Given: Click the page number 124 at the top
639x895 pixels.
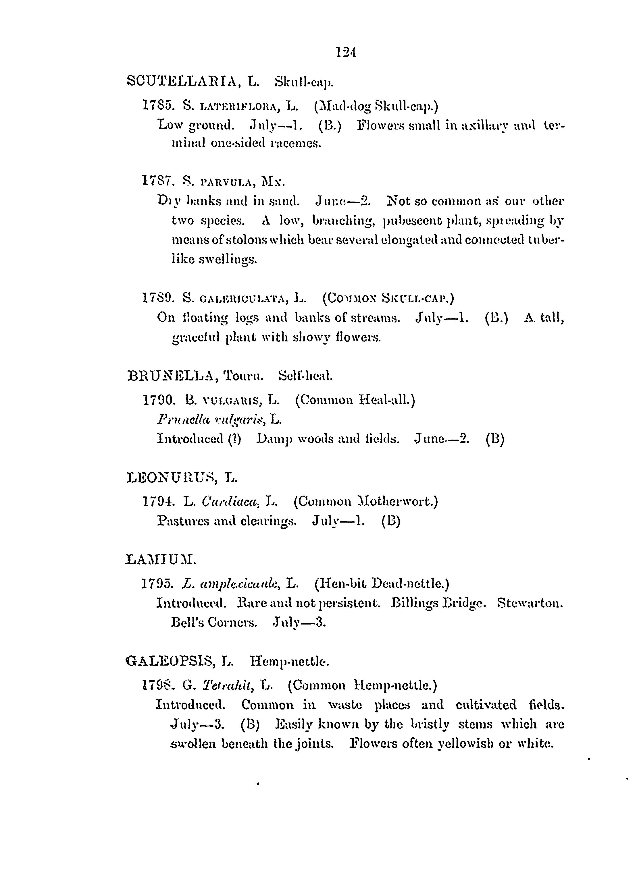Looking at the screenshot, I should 346,52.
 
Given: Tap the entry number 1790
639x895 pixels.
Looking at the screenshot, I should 159,400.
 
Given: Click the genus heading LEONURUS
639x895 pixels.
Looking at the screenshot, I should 171,478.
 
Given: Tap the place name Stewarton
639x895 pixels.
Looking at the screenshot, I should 530,603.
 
